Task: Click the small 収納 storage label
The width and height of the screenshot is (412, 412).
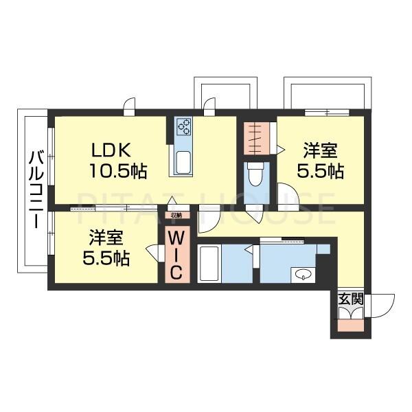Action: pos(176,215)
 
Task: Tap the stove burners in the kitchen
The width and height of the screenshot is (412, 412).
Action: pos(184,126)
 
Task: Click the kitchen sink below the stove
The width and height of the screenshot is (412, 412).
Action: pos(184,161)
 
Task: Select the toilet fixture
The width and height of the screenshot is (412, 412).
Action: pos(253,176)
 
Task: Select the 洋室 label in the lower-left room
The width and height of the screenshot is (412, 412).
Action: pos(106,237)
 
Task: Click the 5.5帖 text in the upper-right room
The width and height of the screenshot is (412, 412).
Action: pos(321,171)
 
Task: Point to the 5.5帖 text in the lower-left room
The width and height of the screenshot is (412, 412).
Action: pos(106,259)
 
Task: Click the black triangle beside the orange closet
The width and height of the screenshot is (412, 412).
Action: pos(280,148)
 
